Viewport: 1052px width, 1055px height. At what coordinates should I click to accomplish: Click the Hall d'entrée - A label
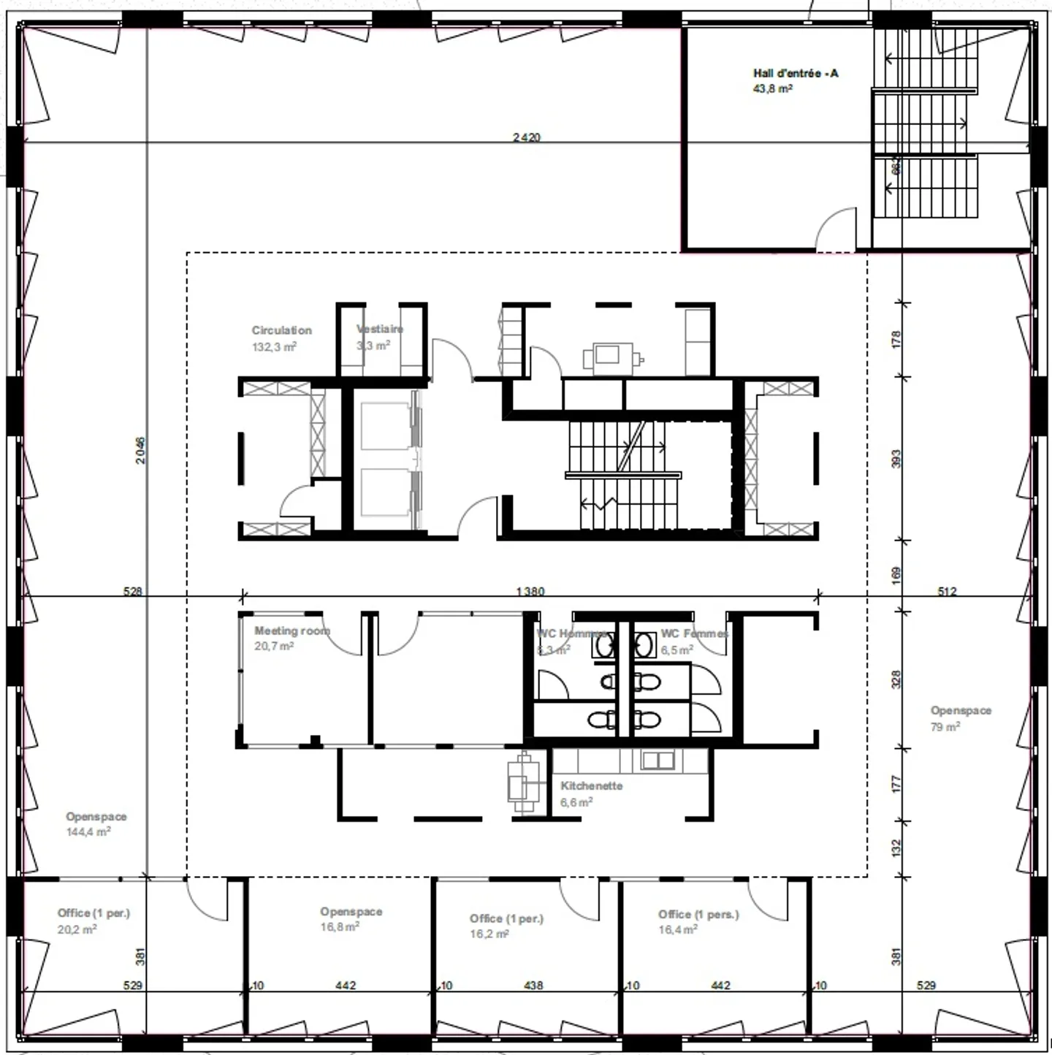pyautogui.click(x=795, y=73)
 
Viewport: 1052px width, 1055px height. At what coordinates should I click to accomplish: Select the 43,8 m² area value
pyautogui.click(x=772, y=89)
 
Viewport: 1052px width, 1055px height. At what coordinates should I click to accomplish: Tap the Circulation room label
pyautogui.click(x=281, y=330)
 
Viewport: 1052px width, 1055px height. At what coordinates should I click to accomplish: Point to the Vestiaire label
pyautogui.click(x=380, y=329)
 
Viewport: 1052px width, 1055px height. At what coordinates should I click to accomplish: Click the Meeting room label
pyautogui.click(x=291, y=631)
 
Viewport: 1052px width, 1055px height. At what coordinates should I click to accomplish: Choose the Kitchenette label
pyautogui.click(x=591, y=786)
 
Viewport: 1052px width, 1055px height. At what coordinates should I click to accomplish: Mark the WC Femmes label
pyautogui.click(x=694, y=633)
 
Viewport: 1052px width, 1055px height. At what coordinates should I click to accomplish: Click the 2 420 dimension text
pyautogui.click(x=526, y=137)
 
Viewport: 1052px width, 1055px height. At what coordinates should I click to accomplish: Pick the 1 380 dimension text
pyautogui.click(x=530, y=591)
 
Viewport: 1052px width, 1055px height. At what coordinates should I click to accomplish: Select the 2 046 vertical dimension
pyautogui.click(x=140, y=450)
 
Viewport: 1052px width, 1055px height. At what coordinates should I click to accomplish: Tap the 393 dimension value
pyautogui.click(x=896, y=459)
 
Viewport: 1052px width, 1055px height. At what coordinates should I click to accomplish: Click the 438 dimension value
pyautogui.click(x=533, y=986)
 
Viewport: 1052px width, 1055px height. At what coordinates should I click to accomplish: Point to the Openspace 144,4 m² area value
pyautogui.click(x=88, y=832)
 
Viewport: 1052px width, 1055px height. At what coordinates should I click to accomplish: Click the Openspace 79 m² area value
pyautogui.click(x=945, y=727)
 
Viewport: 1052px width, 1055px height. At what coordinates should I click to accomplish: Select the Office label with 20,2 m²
pyautogui.click(x=94, y=913)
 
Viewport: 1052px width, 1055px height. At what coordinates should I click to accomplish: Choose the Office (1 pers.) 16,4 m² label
pyautogui.click(x=698, y=915)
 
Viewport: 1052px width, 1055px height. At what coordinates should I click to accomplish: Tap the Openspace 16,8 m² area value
pyautogui.click(x=340, y=927)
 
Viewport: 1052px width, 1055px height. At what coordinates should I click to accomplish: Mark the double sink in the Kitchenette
pyautogui.click(x=657, y=761)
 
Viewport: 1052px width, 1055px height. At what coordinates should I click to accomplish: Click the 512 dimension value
pyautogui.click(x=947, y=591)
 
